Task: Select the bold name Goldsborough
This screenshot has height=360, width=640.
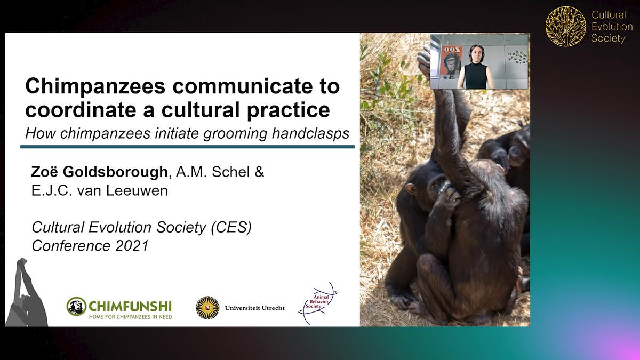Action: (115, 172)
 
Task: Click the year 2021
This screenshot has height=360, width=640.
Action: (132, 246)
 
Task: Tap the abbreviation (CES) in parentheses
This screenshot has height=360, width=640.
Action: (231, 227)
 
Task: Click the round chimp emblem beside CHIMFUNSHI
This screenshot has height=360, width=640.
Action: (76, 306)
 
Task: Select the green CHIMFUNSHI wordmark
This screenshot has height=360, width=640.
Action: (130, 307)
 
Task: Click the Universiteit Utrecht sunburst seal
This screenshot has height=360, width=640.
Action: (207, 308)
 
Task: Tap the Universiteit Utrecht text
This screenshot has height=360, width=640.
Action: (254, 308)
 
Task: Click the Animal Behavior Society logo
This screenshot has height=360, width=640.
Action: (318, 303)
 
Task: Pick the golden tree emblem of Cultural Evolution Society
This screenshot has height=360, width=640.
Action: (565, 26)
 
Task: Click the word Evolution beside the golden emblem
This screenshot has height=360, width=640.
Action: (612, 27)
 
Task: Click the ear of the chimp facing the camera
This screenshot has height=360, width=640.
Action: (411, 189)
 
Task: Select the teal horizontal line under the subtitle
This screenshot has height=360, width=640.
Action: (187, 147)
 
